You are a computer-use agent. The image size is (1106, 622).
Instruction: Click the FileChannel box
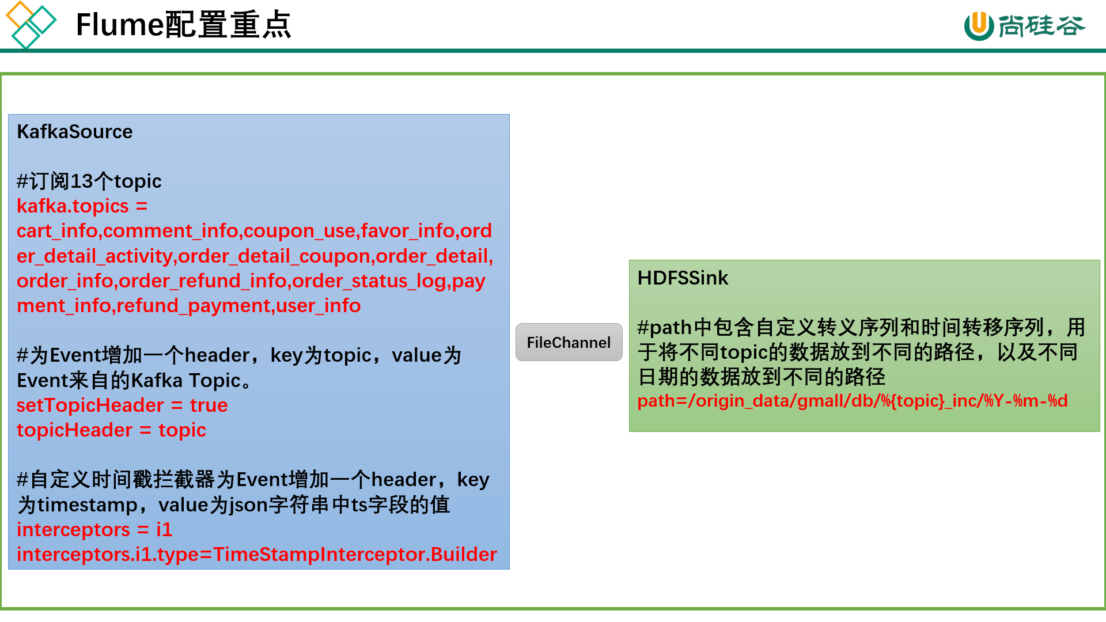569,342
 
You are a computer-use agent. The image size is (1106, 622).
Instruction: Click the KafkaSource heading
75,132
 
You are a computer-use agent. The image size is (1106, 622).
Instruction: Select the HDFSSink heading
683,278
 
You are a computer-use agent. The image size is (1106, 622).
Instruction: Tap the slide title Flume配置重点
183,25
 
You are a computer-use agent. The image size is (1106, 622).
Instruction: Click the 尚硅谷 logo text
1041,26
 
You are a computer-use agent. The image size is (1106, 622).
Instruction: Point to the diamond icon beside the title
31,25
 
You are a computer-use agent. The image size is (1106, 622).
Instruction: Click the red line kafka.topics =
82,206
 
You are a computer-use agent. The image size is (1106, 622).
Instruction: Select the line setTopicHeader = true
122,405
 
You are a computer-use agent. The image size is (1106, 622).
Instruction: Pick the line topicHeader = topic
111,430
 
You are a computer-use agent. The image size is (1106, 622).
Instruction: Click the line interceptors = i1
94,530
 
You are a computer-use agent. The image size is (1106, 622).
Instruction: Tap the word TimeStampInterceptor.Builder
355,554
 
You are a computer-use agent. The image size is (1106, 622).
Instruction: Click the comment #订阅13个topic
89,181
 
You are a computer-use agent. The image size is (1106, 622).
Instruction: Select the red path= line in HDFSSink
853,400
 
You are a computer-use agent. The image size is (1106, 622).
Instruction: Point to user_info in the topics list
319,306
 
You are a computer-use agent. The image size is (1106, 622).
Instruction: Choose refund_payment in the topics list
194,306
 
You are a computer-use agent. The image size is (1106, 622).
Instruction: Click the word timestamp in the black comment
88,505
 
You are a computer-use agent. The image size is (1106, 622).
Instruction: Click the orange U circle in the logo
979,26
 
